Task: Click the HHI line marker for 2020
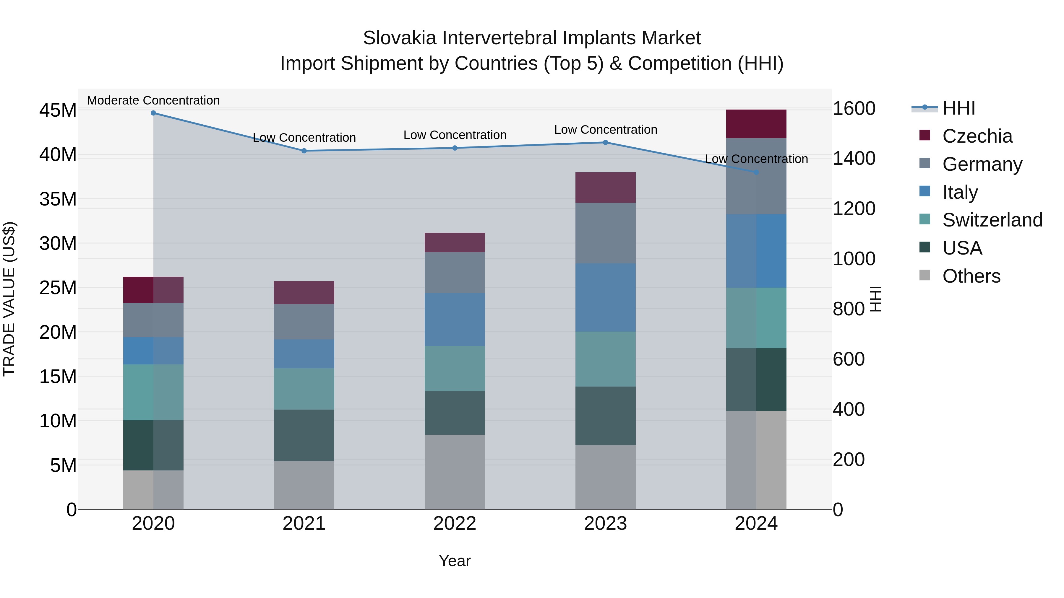coord(153,113)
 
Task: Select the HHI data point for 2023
coord(606,142)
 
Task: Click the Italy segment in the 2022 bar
coord(455,320)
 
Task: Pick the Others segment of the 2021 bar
coord(304,485)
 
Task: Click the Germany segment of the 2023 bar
coord(606,233)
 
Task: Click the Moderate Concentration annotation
coord(153,100)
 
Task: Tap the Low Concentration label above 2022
coord(455,135)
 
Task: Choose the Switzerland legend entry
coord(992,220)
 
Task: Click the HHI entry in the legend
coord(958,108)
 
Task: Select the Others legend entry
coord(971,276)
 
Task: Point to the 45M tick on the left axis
coord(58,111)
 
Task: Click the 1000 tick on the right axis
coord(854,259)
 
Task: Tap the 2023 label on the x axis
coord(606,524)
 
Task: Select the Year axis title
coord(455,561)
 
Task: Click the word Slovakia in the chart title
coord(399,38)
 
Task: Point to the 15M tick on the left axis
coord(58,377)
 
